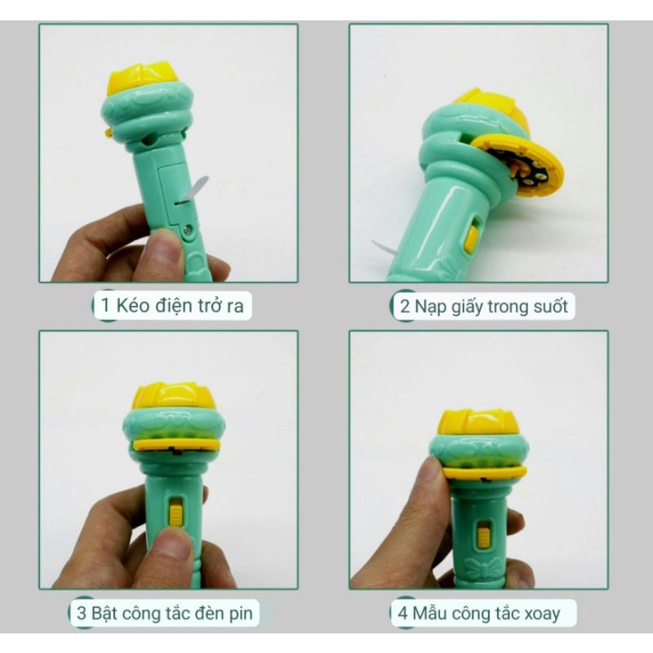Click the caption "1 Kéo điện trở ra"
click(x=171, y=306)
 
